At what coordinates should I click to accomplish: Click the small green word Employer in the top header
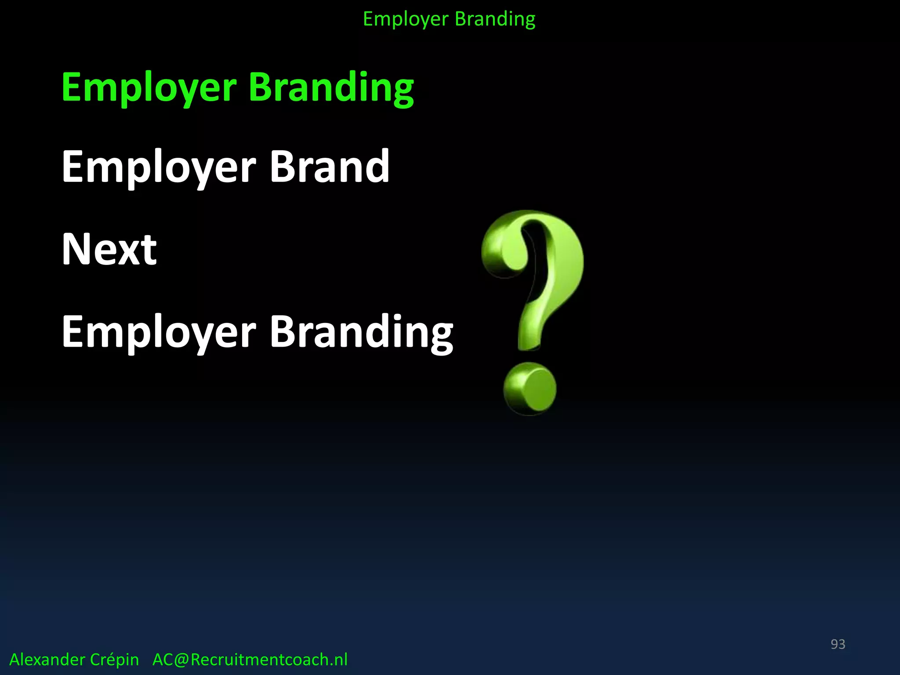(x=406, y=19)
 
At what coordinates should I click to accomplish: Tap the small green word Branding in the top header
(x=495, y=19)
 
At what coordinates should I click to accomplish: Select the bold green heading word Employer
(x=149, y=88)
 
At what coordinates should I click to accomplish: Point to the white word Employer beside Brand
(x=159, y=167)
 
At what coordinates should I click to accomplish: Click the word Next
(x=109, y=249)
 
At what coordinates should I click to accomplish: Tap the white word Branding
(x=361, y=332)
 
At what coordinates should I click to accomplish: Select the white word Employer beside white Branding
(x=159, y=332)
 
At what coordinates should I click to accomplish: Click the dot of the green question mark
(x=530, y=389)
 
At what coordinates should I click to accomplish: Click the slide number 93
(x=838, y=644)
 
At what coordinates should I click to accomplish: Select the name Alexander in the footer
(x=47, y=660)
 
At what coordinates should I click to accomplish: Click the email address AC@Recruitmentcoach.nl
(x=250, y=660)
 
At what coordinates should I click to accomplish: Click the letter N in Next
(x=75, y=249)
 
